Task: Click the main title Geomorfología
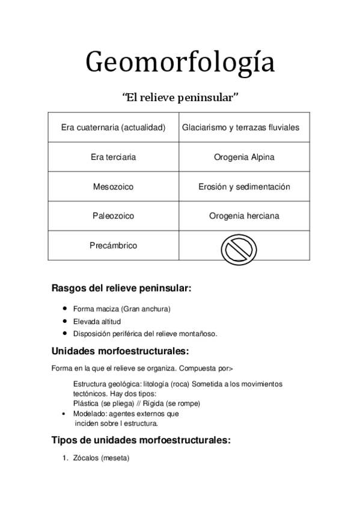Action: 180,63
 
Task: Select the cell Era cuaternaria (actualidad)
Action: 113,127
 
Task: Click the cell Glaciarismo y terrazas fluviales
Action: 244,127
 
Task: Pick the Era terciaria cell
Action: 113,157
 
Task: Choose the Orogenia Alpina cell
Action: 244,157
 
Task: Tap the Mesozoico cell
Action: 113,186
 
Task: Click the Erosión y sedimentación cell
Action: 244,186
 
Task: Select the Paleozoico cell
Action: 113,215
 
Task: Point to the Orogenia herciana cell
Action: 244,215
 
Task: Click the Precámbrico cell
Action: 113,245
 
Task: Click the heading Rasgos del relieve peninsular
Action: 121,288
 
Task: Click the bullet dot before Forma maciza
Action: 65,309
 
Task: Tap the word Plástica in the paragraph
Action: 87,403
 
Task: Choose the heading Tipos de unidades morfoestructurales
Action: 141,440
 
